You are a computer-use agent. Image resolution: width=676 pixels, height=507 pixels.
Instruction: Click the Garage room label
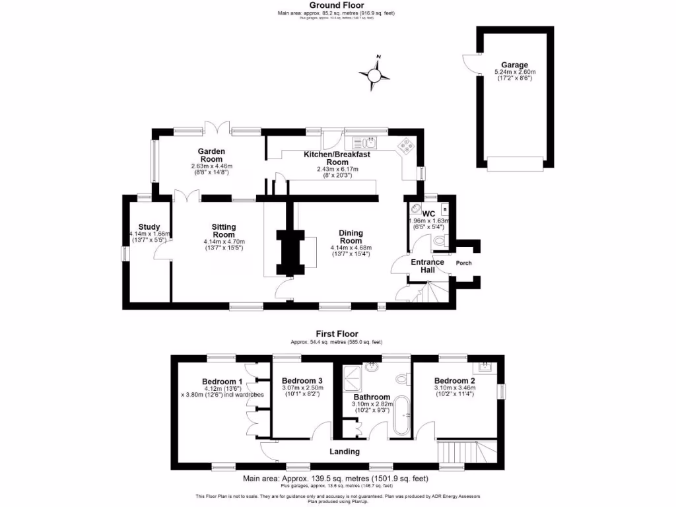[515, 65]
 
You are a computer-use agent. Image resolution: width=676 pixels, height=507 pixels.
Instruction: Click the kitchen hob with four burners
[404, 146]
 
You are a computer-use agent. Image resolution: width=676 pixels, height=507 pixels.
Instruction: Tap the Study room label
[149, 227]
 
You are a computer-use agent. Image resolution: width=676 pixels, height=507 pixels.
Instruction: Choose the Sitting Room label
[224, 231]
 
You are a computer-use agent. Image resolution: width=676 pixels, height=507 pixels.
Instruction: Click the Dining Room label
[351, 236]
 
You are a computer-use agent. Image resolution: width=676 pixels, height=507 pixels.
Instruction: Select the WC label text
[428, 213]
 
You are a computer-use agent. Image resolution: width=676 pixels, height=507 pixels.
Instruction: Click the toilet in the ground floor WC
[442, 242]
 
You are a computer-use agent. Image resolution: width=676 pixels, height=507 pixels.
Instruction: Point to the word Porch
[464, 263]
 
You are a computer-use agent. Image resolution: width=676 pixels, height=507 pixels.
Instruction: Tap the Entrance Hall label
[428, 266]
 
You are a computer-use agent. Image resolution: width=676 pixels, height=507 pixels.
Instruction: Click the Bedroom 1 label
[222, 382]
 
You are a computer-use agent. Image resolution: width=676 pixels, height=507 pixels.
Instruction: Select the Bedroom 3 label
[302, 382]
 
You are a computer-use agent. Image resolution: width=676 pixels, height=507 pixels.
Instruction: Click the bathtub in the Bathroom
[401, 421]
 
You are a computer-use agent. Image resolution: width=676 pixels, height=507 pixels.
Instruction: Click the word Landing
[345, 452]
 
